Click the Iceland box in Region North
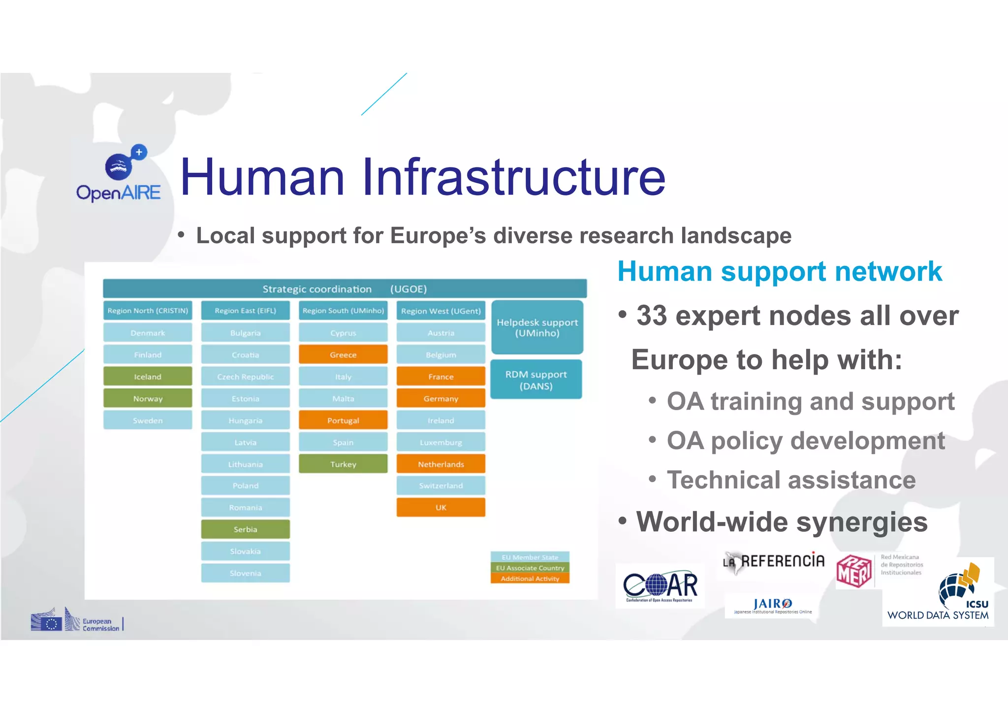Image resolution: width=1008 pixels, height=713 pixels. pyautogui.click(x=148, y=377)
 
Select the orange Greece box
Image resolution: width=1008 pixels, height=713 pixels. pyautogui.click(x=343, y=355)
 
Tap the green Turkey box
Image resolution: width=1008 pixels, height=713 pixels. pyautogui.click(x=343, y=464)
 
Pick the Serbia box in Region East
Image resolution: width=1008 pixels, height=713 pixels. pyautogui.click(x=245, y=529)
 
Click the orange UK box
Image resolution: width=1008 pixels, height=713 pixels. pyautogui.click(x=441, y=507)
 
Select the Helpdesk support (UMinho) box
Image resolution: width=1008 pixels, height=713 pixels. pyautogui.click(x=537, y=327)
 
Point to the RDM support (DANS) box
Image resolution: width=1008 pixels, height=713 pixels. pyautogui.click(x=536, y=380)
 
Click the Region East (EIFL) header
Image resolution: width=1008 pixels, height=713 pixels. pyautogui.click(x=245, y=311)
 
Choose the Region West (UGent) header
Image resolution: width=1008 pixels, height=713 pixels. pyautogui.click(x=441, y=311)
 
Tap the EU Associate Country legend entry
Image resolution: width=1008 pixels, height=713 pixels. pyautogui.click(x=530, y=568)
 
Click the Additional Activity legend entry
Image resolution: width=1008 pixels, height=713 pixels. pyautogui.click(x=530, y=579)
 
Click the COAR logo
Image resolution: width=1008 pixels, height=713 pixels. pyautogui.click(x=660, y=586)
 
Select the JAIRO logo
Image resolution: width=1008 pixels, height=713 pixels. pyautogui.click(x=772, y=606)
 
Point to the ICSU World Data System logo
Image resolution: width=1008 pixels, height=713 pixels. pyautogui.click(x=938, y=593)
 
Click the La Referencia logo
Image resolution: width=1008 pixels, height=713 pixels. pyautogui.click(x=774, y=561)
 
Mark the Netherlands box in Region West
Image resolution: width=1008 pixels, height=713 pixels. pyautogui.click(x=441, y=464)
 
